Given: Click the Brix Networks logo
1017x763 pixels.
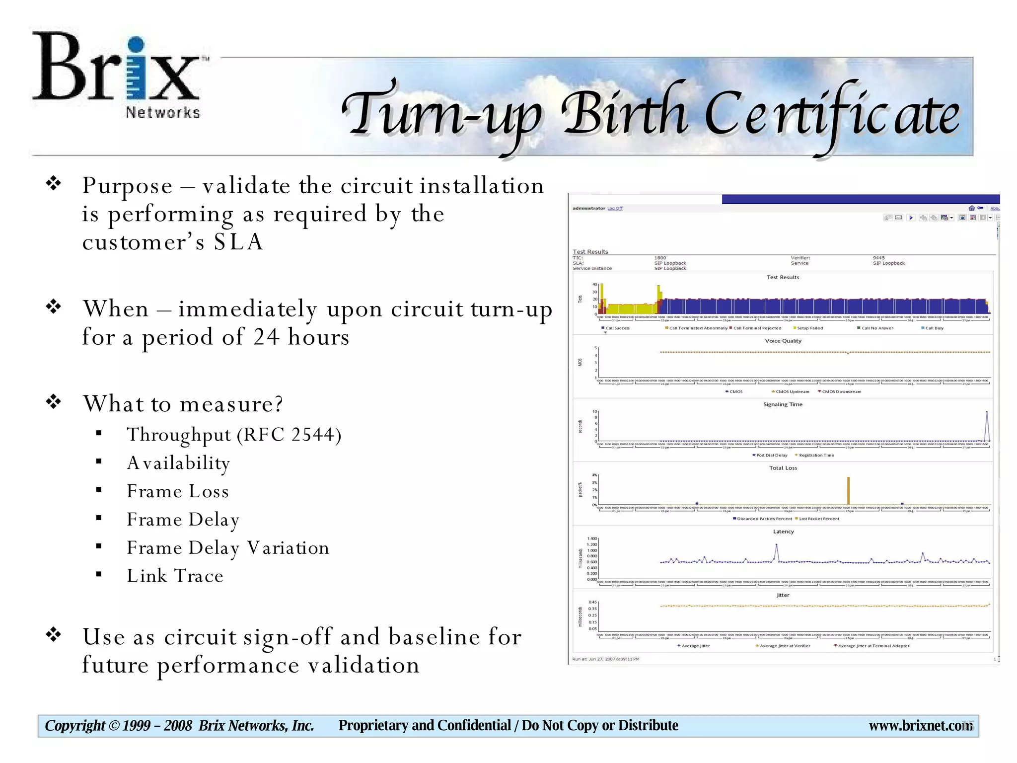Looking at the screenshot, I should (x=119, y=75).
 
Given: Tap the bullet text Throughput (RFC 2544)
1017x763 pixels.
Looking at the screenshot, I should (x=234, y=435).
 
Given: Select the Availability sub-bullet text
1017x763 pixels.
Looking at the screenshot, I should (x=178, y=463).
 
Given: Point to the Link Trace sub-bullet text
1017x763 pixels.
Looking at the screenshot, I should (x=175, y=576).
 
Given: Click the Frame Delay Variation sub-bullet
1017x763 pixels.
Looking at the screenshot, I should (x=228, y=547).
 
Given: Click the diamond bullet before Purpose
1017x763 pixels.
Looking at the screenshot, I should (x=53, y=184).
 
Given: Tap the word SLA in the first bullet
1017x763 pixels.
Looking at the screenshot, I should (x=238, y=242).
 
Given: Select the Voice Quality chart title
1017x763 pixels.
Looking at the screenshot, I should (x=783, y=341).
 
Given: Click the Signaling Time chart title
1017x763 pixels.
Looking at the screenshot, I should (x=783, y=404).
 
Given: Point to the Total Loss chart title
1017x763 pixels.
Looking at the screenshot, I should (x=783, y=468).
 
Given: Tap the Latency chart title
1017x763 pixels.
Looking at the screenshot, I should (x=783, y=532).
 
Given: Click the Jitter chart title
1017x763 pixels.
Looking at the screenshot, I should (x=783, y=595).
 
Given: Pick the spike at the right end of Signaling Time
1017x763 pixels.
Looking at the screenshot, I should (x=987, y=425).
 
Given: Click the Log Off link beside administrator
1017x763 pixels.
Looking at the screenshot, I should (x=615, y=208).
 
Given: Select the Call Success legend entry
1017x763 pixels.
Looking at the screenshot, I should (x=617, y=328).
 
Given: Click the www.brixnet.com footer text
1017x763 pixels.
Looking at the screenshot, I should (x=920, y=726).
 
